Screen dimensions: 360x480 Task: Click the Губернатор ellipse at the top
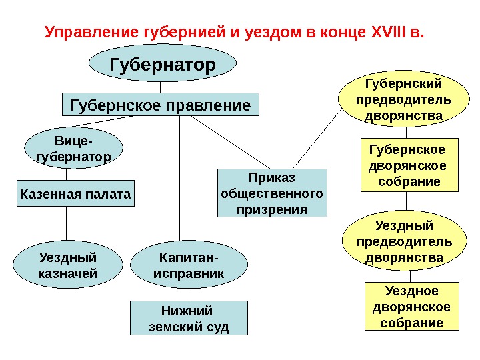(x=163, y=65)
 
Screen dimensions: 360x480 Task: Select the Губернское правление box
(x=160, y=105)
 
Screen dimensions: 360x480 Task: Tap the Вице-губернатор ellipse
(x=73, y=148)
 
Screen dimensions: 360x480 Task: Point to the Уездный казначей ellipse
(x=67, y=265)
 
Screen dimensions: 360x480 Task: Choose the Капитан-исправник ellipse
(x=189, y=265)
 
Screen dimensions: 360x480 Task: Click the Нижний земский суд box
(x=187, y=319)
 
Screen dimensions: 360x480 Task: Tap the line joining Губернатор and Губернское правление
(x=160, y=87)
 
